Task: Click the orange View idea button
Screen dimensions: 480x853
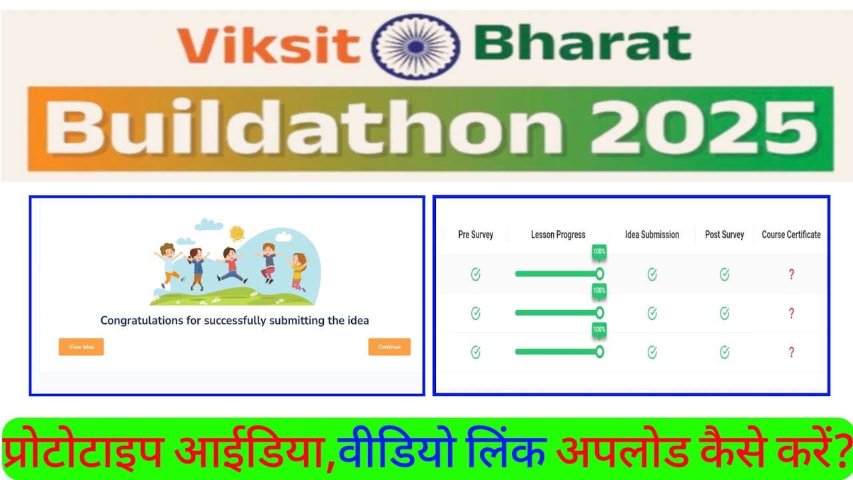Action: (81, 347)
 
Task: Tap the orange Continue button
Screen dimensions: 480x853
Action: (389, 347)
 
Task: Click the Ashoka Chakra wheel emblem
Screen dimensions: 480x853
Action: (416, 46)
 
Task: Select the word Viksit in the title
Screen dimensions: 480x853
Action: (268, 45)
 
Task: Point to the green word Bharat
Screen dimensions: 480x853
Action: (582, 44)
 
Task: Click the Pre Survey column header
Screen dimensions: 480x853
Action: (476, 235)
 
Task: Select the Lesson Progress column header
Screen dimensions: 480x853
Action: (558, 235)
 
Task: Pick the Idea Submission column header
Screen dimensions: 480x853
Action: (652, 235)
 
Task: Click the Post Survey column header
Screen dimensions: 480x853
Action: (724, 235)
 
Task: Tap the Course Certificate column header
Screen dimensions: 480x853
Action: (791, 235)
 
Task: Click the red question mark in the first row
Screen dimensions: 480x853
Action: (791, 274)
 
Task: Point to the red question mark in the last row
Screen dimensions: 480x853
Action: (791, 353)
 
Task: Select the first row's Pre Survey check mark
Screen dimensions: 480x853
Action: (476, 274)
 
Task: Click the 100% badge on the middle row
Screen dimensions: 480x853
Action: (599, 291)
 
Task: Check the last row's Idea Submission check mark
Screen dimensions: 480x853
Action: (652, 353)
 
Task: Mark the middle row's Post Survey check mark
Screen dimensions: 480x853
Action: (724, 313)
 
